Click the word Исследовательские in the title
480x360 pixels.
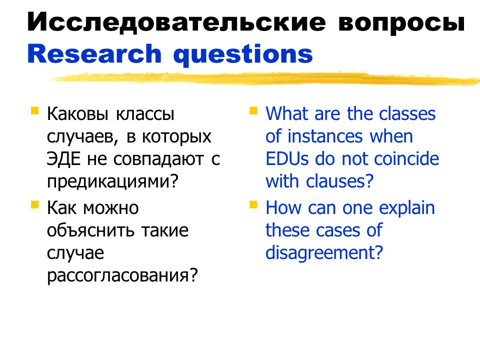(x=176, y=22)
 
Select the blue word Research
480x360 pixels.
(x=94, y=53)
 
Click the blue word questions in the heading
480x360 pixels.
(x=243, y=54)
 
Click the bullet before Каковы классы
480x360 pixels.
(x=35, y=110)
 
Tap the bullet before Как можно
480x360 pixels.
(x=35, y=204)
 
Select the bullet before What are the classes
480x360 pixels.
(x=253, y=110)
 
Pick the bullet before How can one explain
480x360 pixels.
(x=253, y=204)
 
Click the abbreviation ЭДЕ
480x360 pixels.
(x=63, y=159)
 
